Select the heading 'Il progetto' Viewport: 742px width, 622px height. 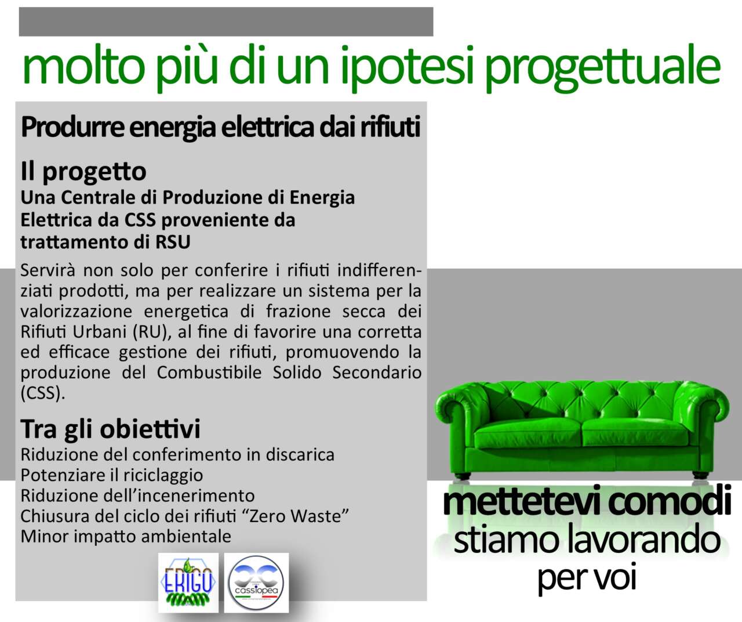[83, 172]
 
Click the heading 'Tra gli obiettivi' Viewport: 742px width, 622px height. [111, 429]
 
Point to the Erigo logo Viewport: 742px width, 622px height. [188, 583]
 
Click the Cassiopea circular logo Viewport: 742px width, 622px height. [256, 583]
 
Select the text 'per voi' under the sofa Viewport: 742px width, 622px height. [587, 579]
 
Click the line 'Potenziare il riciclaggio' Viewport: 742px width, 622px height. [111, 475]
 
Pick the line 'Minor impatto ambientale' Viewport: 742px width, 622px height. [126, 537]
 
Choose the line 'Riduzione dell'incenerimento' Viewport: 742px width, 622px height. [137, 496]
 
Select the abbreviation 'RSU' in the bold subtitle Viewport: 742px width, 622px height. [173, 242]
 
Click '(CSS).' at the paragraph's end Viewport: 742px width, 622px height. [43, 393]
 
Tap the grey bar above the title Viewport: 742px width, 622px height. [226, 21]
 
